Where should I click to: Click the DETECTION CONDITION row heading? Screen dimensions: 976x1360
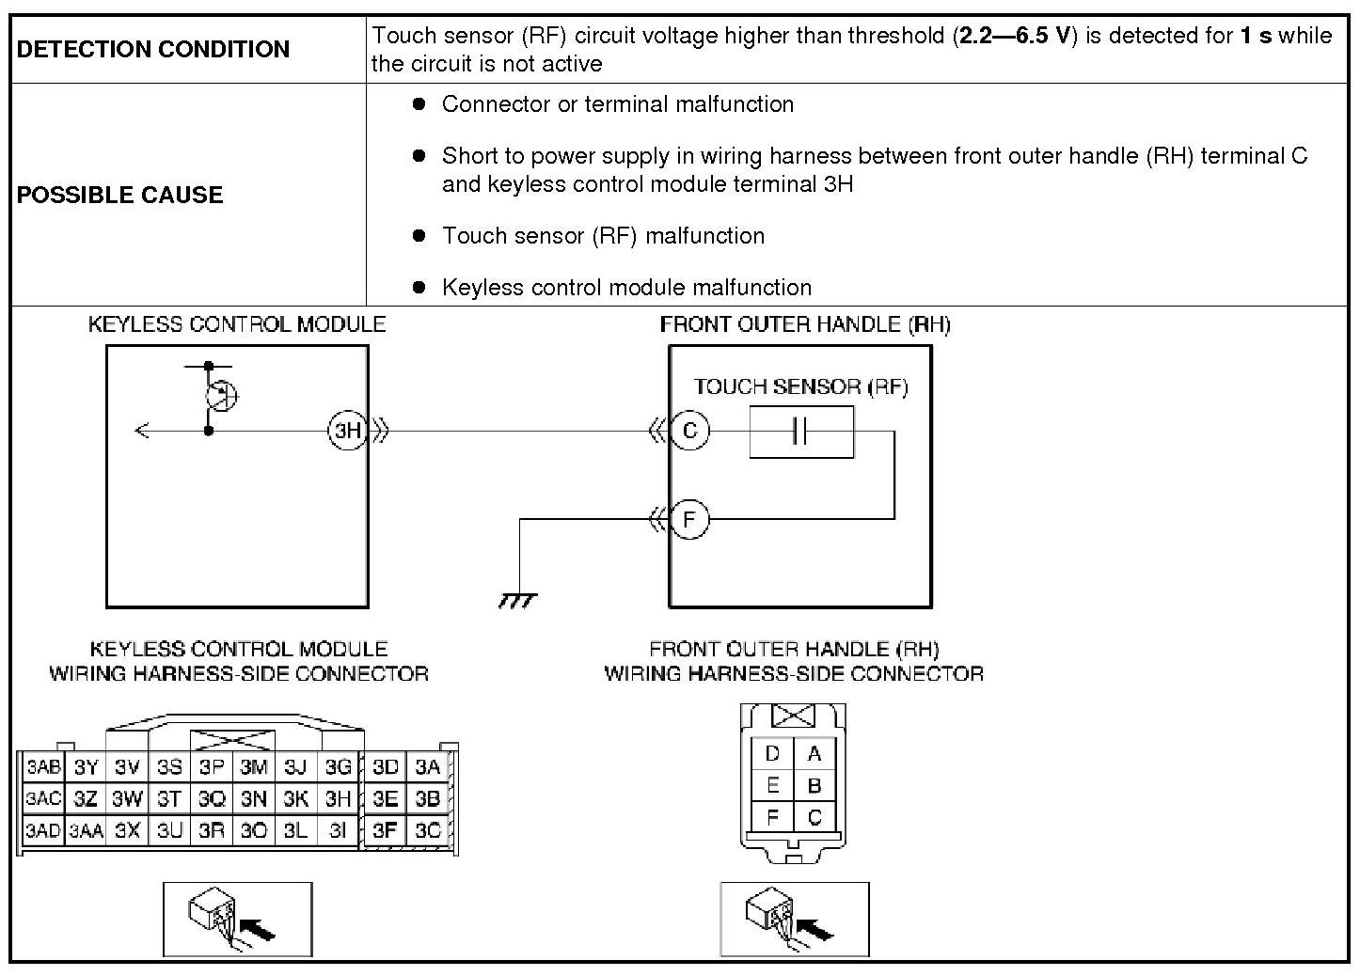pyautogui.click(x=153, y=49)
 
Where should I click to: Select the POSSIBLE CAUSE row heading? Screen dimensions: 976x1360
pyautogui.click(x=120, y=195)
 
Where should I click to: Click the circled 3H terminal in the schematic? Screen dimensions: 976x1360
pyautogui.click(x=347, y=431)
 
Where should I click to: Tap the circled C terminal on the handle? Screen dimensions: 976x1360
pyautogui.click(x=689, y=431)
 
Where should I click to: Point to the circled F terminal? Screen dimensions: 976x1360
pyautogui.click(x=689, y=519)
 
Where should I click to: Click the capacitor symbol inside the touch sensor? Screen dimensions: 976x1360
pyautogui.click(x=800, y=432)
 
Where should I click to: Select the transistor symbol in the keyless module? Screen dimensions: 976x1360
pyautogui.click(x=221, y=396)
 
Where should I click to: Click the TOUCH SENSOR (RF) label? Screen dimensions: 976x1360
pyautogui.click(x=800, y=386)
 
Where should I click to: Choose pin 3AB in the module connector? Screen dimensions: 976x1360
pyautogui.click(x=42, y=767)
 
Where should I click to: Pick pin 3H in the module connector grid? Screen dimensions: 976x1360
pyautogui.click(x=338, y=798)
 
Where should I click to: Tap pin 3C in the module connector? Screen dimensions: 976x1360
pyautogui.click(x=428, y=830)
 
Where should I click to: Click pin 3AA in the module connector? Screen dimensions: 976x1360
pyautogui.click(x=86, y=831)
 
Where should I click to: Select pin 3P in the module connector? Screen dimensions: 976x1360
pyautogui.click(x=212, y=767)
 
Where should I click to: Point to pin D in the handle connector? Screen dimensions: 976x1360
pyautogui.click(x=772, y=753)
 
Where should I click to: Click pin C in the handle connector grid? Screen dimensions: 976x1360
pyautogui.click(x=814, y=817)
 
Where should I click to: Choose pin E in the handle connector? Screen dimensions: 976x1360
pyautogui.click(x=772, y=785)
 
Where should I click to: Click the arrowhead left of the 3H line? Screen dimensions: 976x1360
pyautogui.click(x=142, y=431)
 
